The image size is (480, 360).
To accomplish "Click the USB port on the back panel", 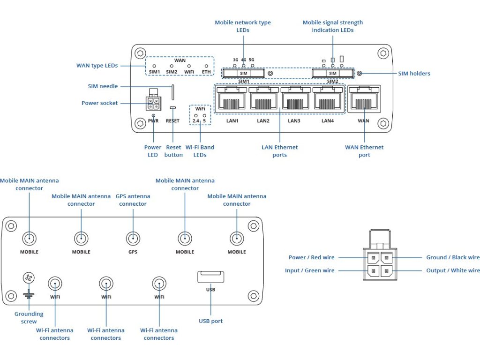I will tap(210, 277).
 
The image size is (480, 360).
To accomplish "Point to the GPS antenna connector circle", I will tap(133, 239).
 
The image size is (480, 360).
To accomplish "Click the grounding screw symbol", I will tap(29, 278).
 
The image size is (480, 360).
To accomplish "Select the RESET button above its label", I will tap(173, 108).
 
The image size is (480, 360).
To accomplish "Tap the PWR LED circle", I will tap(153, 115).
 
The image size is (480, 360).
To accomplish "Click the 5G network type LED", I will tap(252, 66).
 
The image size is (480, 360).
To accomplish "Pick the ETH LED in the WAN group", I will tap(206, 66).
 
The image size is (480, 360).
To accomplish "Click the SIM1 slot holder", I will tap(243, 74).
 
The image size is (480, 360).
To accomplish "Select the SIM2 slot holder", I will tap(332, 74).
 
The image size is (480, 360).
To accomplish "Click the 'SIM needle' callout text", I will tap(103, 86).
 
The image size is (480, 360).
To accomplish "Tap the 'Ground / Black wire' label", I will tap(453, 257).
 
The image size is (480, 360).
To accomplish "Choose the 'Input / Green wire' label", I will tap(310, 270).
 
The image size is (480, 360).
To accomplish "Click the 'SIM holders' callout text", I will tap(414, 74).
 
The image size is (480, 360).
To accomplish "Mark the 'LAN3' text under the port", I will tap(294, 121).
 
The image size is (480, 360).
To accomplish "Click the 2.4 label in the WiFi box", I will tap(196, 121).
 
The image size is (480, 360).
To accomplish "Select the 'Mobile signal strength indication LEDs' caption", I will tap(332, 26).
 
